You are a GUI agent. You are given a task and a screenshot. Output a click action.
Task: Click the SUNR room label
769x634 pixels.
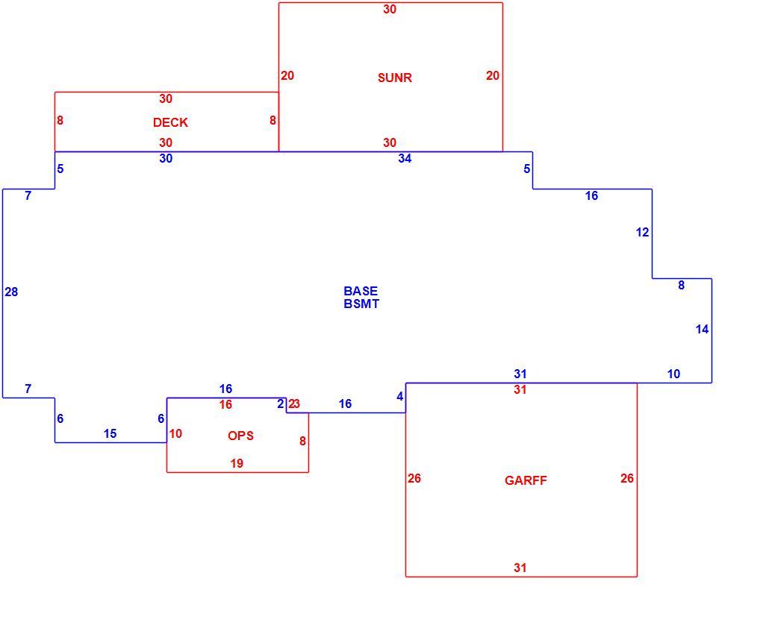pyautogui.click(x=395, y=78)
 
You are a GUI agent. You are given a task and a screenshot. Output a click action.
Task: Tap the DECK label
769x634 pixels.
pyautogui.click(x=170, y=122)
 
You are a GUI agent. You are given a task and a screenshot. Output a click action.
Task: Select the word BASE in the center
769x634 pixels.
pyautogui.click(x=361, y=291)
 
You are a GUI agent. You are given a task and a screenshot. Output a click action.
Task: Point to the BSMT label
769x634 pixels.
pyautogui.click(x=361, y=304)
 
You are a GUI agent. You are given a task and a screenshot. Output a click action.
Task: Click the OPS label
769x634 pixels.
pyautogui.click(x=241, y=436)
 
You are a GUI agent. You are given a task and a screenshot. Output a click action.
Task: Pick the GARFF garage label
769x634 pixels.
pyautogui.click(x=526, y=480)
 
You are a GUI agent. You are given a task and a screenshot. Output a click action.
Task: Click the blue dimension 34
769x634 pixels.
pyautogui.click(x=405, y=158)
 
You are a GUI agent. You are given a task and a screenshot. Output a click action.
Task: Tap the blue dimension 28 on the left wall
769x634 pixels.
pyautogui.click(x=11, y=292)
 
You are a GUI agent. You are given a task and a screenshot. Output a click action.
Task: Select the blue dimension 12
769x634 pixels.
pyautogui.click(x=643, y=232)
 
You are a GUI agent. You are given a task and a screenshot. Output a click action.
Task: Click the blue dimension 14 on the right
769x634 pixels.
pyautogui.click(x=703, y=329)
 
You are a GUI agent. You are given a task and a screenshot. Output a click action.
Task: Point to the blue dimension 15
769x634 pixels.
pyautogui.click(x=110, y=433)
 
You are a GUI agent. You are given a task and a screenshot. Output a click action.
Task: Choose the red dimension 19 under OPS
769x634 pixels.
pyautogui.click(x=237, y=463)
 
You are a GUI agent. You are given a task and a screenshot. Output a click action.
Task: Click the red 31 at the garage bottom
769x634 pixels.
pyautogui.click(x=520, y=568)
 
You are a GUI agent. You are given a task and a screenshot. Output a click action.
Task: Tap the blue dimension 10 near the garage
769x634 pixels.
pyautogui.click(x=674, y=374)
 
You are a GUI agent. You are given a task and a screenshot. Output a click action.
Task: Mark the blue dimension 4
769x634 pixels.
pyautogui.click(x=400, y=396)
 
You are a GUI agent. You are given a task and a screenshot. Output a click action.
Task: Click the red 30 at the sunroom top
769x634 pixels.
pyautogui.click(x=390, y=9)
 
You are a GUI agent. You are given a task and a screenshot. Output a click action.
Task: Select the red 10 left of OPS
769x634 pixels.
pyautogui.click(x=175, y=433)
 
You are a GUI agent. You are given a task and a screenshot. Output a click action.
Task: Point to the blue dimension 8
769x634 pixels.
pyautogui.click(x=681, y=285)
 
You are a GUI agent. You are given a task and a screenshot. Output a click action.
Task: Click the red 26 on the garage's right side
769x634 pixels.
pyautogui.click(x=627, y=478)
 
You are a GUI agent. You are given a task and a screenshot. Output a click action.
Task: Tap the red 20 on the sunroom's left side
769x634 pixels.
pyautogui.click(x=287, y=75)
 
